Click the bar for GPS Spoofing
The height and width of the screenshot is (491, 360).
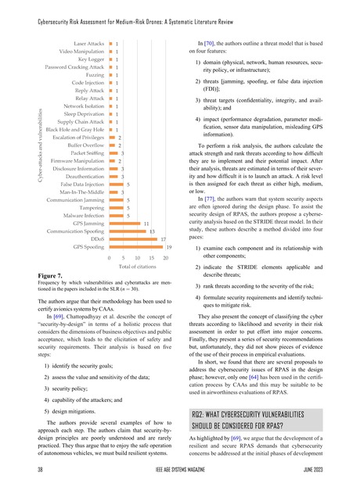(x=136, y=246)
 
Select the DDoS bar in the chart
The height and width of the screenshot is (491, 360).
(x=134, y=238)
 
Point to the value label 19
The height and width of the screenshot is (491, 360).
(x=169, y=246)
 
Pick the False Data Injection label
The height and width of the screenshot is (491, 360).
(x=81, y=185)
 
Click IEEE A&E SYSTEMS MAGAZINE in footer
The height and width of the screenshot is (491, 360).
(x=179, y=471)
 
